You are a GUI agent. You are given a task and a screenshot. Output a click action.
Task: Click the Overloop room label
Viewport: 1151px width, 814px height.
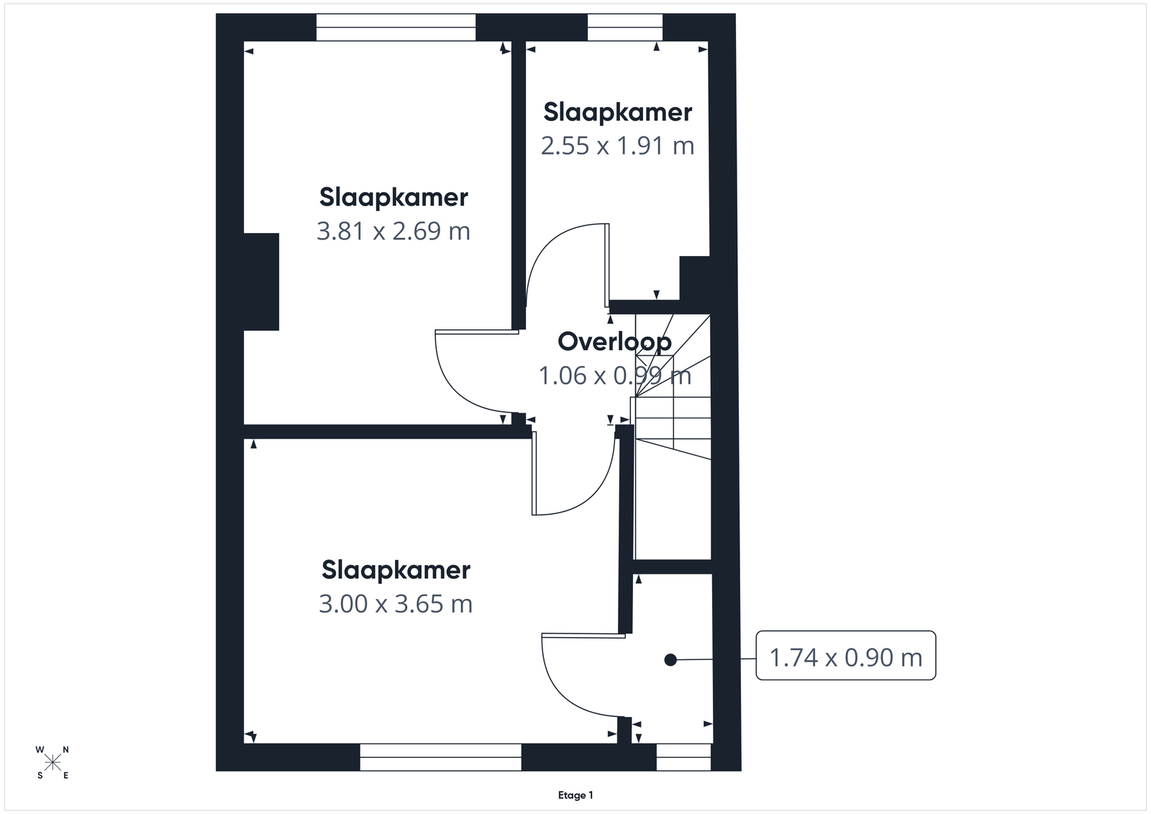(614, 342)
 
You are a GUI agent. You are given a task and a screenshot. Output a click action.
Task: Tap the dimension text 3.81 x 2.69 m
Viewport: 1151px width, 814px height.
(393, 231)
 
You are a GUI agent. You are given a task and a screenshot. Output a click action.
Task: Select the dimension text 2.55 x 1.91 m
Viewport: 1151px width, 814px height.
(618, 146)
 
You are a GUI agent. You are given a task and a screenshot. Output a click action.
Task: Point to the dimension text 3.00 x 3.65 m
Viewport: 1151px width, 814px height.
(396, 604)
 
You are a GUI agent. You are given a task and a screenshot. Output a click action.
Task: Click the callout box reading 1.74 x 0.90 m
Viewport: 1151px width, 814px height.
(846, 655)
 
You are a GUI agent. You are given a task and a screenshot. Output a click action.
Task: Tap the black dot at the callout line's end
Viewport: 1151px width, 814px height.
(670, 660)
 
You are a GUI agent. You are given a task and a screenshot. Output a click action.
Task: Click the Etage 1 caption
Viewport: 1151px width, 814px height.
(575, 795)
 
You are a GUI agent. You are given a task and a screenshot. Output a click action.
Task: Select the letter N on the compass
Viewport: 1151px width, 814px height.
(65, 750)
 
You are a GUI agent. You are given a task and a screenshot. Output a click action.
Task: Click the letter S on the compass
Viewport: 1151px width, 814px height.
(40, 775)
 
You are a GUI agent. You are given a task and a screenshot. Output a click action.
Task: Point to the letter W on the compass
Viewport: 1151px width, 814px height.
(40, 750)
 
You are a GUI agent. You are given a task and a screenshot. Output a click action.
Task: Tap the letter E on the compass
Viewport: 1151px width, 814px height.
(65, 775)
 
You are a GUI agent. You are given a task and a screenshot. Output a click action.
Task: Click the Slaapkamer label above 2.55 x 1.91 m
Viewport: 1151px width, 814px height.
(618, 112)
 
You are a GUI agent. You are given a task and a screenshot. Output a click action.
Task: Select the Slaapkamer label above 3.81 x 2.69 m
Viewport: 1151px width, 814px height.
(393, 198)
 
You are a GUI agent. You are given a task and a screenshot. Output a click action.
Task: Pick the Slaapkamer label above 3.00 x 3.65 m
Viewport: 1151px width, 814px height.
(396, 570)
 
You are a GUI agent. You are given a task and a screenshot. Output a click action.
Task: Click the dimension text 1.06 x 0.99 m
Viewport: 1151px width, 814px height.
(614, 375)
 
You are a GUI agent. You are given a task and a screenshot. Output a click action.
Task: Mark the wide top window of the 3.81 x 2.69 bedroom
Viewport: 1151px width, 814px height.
(396, 27)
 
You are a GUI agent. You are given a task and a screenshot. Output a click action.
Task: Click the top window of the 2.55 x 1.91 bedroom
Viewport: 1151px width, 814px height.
(625, 27)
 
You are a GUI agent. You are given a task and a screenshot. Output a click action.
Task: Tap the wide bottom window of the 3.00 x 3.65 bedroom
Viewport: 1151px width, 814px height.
(440, 757)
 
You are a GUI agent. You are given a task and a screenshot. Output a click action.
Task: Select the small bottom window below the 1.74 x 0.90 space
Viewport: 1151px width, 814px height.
(683, 757)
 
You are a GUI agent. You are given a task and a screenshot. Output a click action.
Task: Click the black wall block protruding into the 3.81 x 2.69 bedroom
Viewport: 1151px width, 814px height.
(261, 282)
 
